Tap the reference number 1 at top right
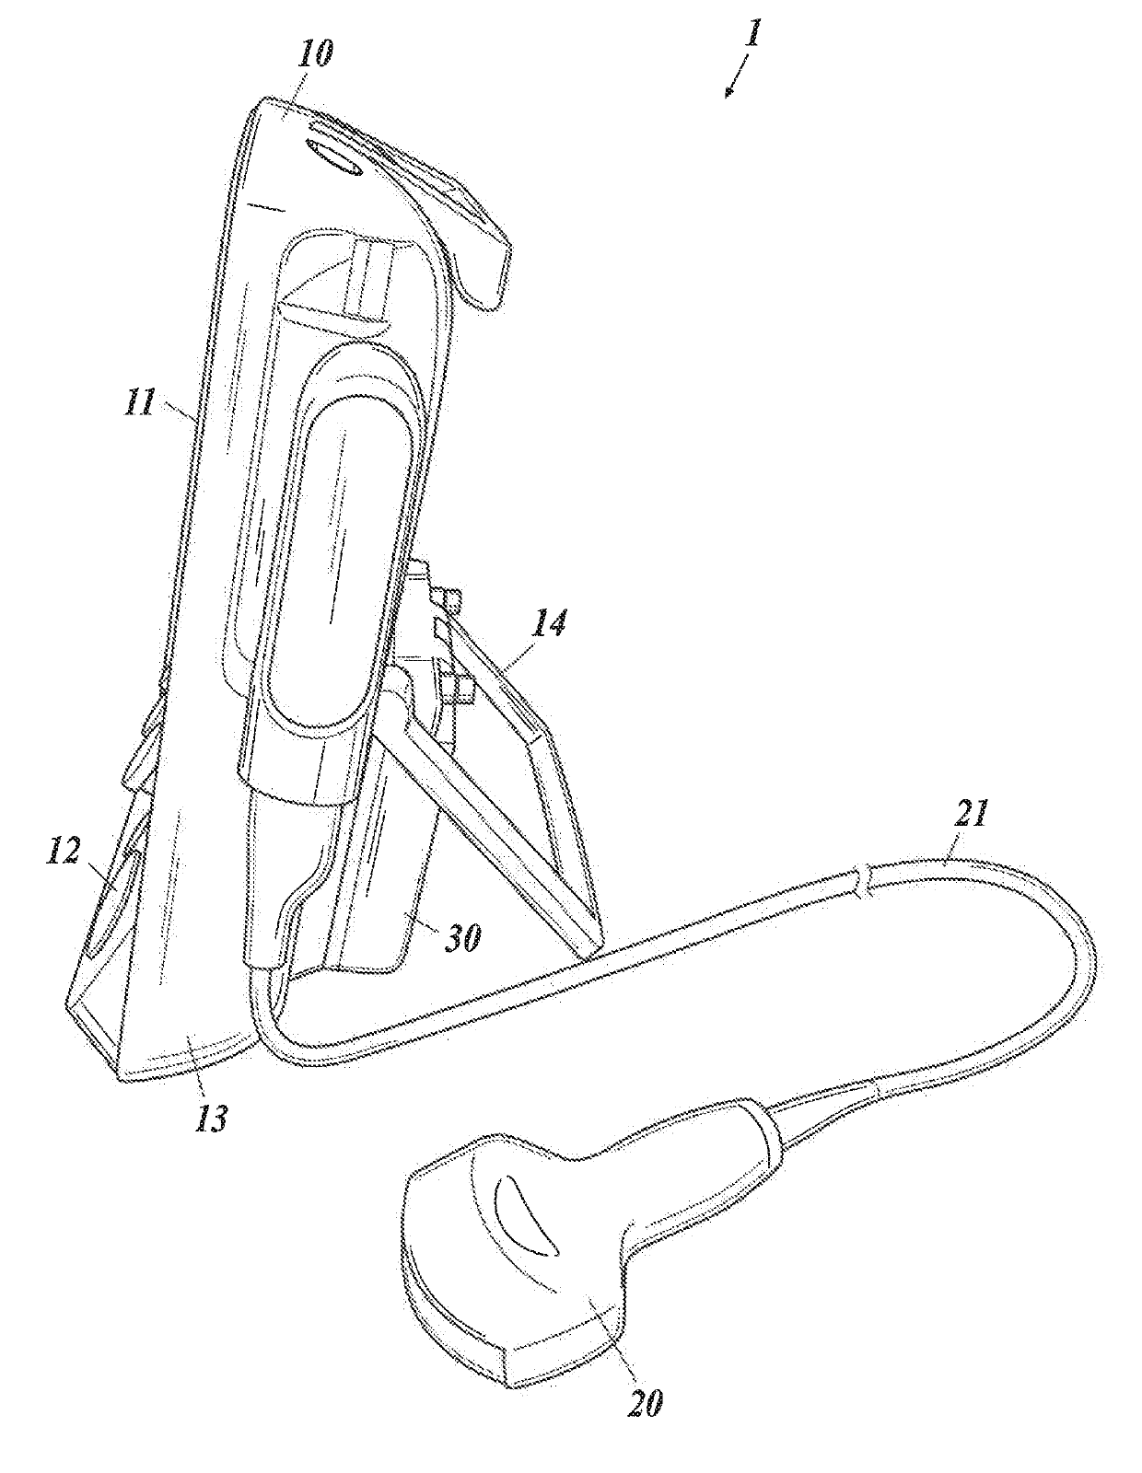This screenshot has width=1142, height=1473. [x=752, y=39]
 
